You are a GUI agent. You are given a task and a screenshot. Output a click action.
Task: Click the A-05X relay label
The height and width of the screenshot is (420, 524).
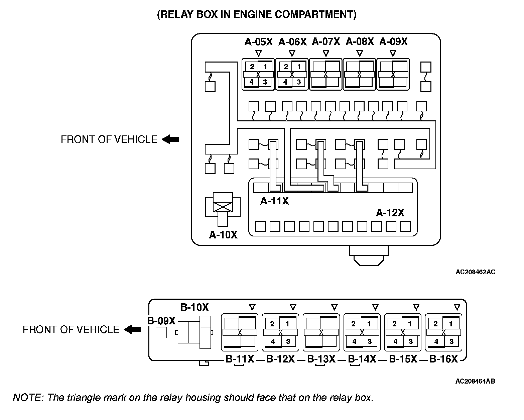coord(259,42)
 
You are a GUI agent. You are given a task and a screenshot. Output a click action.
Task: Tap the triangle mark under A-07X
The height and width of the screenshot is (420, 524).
coord(326,53)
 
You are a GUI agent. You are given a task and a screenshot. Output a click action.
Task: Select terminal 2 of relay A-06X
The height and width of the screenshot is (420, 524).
coord(285,67)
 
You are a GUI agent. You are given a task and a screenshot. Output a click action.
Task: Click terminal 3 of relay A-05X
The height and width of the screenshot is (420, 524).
coord(265,82)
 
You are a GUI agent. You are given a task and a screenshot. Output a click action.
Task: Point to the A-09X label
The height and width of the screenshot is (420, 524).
coord(393,42)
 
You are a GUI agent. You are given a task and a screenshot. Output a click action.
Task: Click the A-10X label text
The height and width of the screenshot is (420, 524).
coord(223,235)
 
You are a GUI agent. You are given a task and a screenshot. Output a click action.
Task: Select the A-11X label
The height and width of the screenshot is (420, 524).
coord(274,201)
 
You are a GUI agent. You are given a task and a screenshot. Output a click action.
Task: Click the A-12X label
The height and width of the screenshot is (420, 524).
coord(390,213)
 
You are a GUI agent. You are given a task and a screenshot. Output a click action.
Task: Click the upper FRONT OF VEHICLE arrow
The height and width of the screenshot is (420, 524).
coord(170,139)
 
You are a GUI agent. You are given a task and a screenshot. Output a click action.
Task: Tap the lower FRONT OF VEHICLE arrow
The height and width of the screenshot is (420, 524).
coord(132,330)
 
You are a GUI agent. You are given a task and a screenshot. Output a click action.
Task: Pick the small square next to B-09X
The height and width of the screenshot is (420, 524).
coord(161,332)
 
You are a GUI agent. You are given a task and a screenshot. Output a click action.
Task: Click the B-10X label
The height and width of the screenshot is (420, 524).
coord(194,307)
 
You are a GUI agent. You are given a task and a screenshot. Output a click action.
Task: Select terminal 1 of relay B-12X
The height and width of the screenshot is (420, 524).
coord(287,323)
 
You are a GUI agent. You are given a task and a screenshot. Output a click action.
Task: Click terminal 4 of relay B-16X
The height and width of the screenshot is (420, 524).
coord(436,341)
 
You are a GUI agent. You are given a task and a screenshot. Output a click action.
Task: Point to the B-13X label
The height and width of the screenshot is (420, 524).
coord(321,359)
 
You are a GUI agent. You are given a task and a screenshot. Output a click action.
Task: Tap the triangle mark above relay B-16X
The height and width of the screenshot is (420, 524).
coord(457,307)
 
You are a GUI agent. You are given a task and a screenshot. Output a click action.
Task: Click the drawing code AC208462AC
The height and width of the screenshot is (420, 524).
coord(475,272)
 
